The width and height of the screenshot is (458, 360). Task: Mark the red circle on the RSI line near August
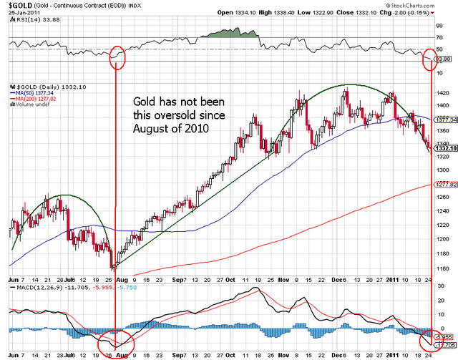tap(117, 55)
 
